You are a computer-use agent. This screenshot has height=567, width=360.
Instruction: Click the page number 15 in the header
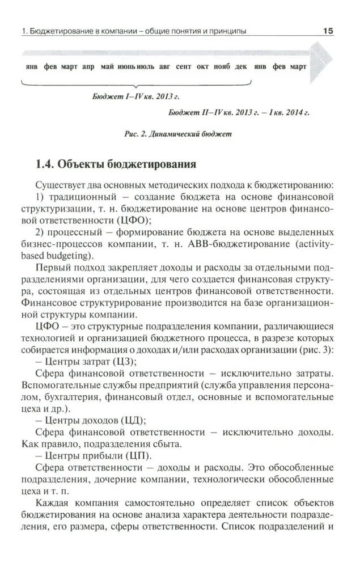[x=327, y=31]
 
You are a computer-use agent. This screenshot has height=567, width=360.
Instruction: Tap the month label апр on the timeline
[x=88, y=66]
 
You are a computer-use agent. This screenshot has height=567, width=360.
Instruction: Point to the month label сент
[x=184, y=66]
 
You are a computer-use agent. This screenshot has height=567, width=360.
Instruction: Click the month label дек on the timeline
[x=240, y=66]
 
